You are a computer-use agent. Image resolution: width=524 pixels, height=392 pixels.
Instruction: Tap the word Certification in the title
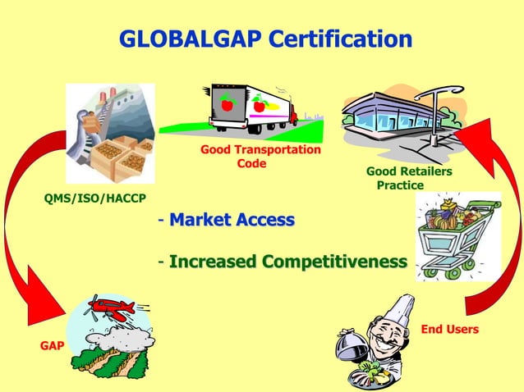pos(341,39)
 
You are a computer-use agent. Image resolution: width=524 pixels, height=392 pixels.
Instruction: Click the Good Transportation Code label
pos(260,157)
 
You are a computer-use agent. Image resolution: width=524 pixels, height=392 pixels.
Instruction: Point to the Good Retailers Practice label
pos(408,178)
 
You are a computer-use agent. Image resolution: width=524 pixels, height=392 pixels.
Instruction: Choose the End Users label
pos(449,329)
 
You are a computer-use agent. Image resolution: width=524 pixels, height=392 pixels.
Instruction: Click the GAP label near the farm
pos(53,345)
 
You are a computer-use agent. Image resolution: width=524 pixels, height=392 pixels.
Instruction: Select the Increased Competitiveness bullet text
pos(287,262)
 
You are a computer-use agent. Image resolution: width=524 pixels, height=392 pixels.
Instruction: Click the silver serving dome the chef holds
pos(353,345)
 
